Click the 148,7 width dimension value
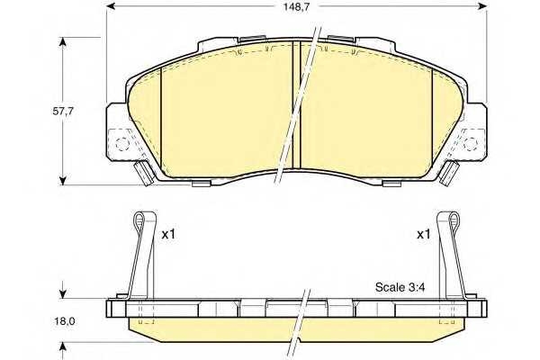pyautogui.click(x=297, y=7)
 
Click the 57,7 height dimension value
pyautogui.click(x=63, y=112)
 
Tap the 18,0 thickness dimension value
pyautogui.click(x=65, y=321)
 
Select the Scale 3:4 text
pyautogui.click(x=400, y=287)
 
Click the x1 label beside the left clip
pyautogui.click(x=169, y=235)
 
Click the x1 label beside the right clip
pyautogui.click(x=424, y=235)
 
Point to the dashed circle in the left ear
pyautogui.click(x=121, y=144)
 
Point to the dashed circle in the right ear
pyautogui.click(x=470, y=144)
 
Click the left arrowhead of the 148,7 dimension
pyautogui.click(x=111, y=6)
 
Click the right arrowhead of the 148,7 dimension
pyautogui.click(x=482, y=6)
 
